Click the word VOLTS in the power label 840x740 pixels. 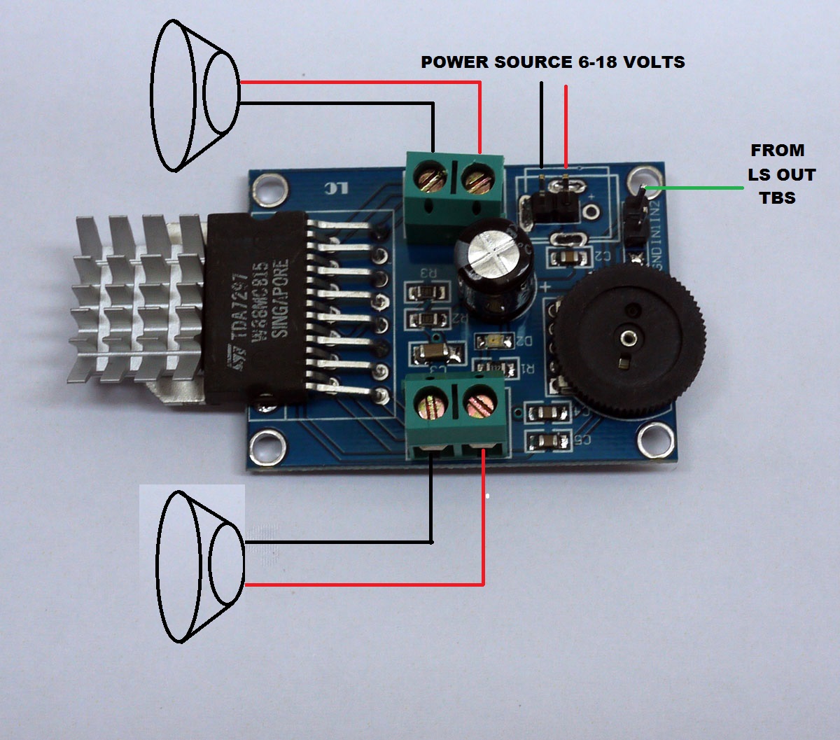654,62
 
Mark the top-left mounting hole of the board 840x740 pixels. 267,188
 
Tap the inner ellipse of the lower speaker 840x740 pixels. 227,564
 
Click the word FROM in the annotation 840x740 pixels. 777,150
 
